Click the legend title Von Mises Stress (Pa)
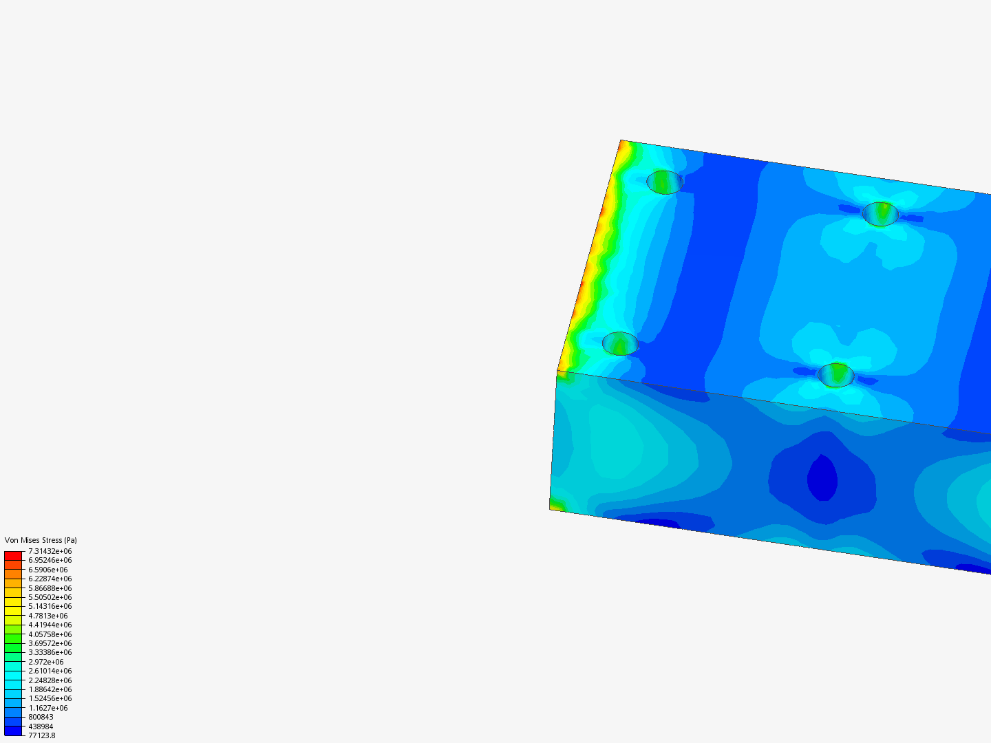41,540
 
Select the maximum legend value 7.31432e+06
50,551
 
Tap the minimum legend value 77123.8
42,736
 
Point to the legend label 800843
41,718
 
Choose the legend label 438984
41,726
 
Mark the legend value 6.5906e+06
48,570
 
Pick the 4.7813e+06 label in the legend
48,616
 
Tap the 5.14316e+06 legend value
50,606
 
